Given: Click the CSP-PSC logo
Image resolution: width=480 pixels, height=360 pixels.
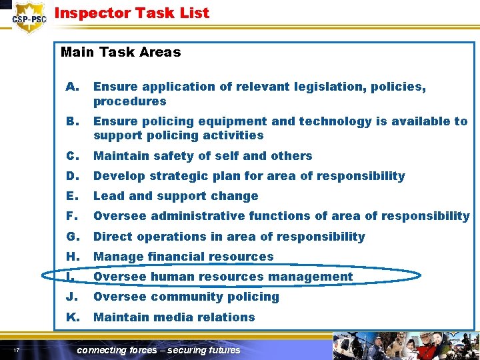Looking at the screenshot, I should [29, 18].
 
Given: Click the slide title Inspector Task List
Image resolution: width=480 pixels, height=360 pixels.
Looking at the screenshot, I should [131, 13].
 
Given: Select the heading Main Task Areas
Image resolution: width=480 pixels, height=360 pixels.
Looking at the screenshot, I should [121, 52].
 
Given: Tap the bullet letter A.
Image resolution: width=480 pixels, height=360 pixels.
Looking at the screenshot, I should [72, 87].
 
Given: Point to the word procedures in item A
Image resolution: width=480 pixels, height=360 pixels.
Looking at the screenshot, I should [129, 101].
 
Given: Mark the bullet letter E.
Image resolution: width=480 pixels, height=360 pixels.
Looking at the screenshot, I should [71, 196].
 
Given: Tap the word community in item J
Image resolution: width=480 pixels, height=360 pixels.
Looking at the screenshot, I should [193, 297].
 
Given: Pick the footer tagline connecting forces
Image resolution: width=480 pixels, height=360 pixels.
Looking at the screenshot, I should [159, 350].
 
